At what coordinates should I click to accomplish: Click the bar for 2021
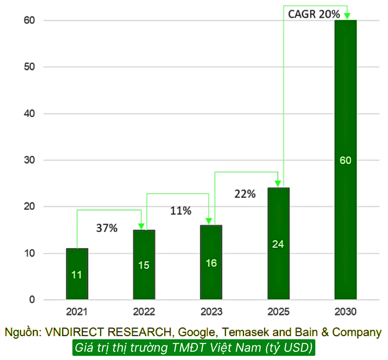(77, 274)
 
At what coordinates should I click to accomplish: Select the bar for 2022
(144, 264)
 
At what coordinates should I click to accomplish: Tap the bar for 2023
(211, 262)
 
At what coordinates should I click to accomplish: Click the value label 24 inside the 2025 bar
(278, 244)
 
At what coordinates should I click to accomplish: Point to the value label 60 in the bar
(346, 160)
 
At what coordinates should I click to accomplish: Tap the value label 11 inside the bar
(77, 275)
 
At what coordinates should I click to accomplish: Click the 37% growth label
(107, 228)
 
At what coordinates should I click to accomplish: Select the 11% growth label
(181, 211)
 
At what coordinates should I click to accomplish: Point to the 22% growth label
(245, 194)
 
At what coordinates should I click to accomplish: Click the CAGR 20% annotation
(314, 14)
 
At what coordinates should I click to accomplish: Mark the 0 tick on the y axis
(32, 300)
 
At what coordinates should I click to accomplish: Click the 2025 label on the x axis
(278, 311)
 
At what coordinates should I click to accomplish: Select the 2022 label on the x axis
(144, 311)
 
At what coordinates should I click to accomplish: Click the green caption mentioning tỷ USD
(194, 348)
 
